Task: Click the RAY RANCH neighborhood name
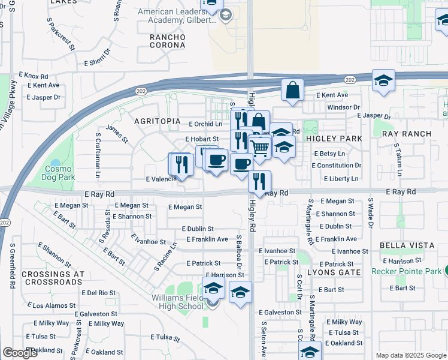click(406, 134)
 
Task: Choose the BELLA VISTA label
click(407, 246)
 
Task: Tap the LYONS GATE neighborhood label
click(334, 272)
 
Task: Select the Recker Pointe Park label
click(406, 271)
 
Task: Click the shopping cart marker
click(259, 147)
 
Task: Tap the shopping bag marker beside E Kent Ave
click(292, 91)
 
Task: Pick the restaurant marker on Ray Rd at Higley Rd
click(259, 182)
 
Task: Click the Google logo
click(20, 353)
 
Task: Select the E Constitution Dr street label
click(337, 166)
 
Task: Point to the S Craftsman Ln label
click(96, 154)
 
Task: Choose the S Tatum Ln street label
click(397, 160)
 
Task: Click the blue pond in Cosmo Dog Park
click(56, 163)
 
